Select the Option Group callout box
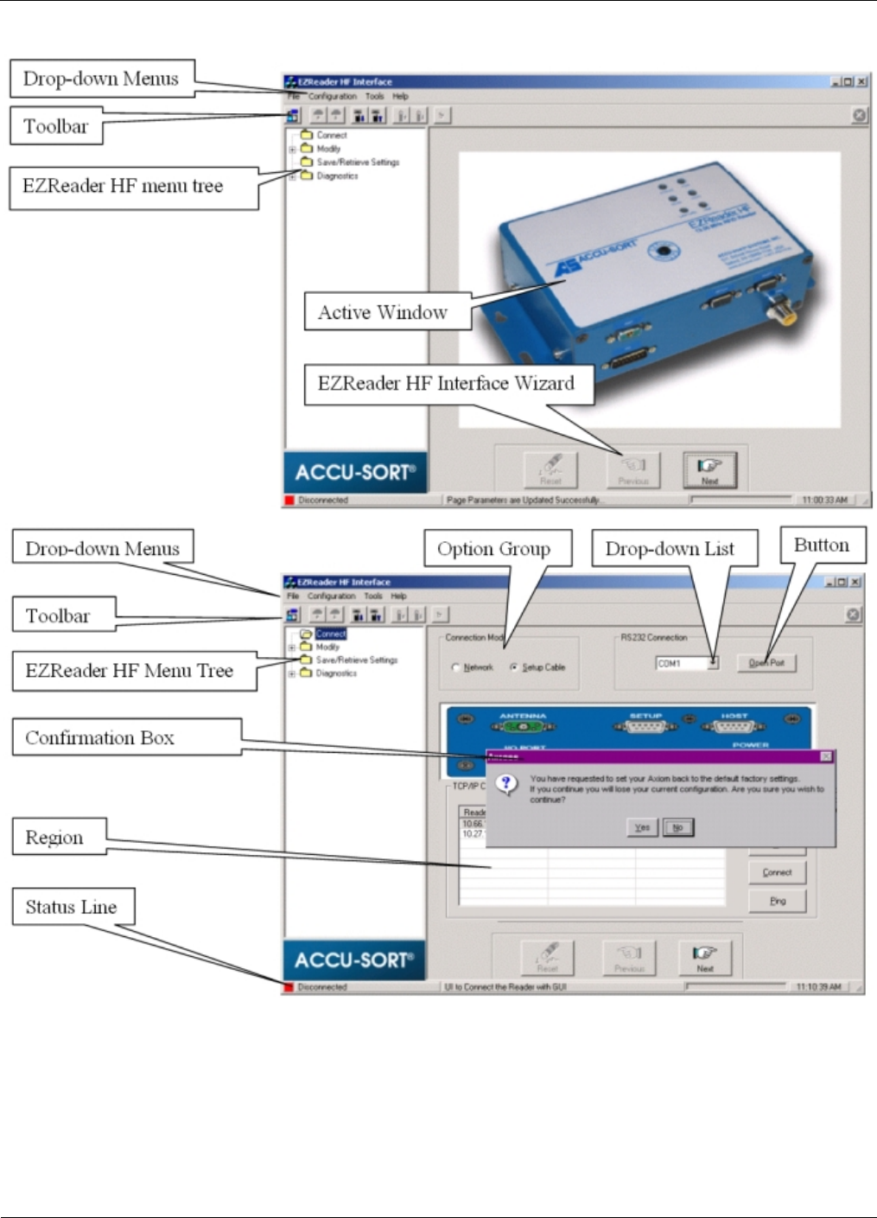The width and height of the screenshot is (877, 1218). click(x=494, y=549)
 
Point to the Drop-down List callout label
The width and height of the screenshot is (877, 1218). click(x=670, y=549)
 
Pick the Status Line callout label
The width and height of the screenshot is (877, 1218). click(x=72, y=907)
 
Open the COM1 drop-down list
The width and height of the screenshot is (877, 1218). click(x=713, y=663)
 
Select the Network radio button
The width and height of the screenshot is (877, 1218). click(x=456, y=667)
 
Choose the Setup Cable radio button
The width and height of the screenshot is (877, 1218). click(x=514, y=667)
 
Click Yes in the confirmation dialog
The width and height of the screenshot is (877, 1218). click(x=642, y=827)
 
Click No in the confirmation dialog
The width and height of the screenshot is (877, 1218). click(x=678, y=827)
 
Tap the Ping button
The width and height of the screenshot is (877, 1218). click(x=778, y=901)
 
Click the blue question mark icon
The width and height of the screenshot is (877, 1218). click(x=507, y=784)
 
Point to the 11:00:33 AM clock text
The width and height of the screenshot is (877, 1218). click(x=824, y=500)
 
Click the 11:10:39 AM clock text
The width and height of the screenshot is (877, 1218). click(x=818, y=986)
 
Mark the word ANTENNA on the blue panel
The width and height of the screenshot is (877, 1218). click(x=523, y=716)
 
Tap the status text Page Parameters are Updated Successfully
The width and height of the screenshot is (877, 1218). click(x=523, y=500)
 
